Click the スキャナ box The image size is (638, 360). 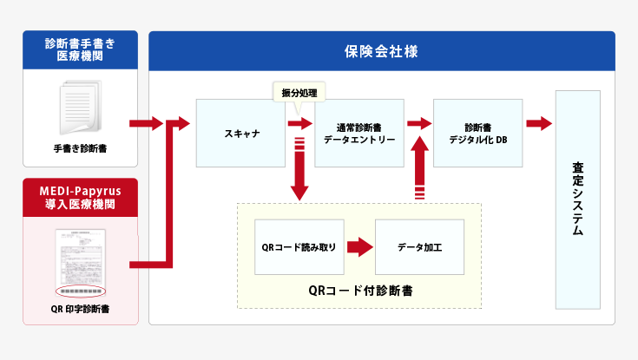240,133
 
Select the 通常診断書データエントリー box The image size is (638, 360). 358,133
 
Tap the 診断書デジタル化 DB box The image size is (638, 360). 478,133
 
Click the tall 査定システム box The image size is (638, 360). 577,199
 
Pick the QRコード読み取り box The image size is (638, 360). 299,247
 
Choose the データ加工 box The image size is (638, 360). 419,247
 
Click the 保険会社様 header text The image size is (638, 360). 381,51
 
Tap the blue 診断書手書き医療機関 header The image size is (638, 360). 80,49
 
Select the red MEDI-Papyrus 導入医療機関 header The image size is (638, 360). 80,197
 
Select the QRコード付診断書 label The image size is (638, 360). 359,290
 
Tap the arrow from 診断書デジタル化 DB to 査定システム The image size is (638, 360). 539,123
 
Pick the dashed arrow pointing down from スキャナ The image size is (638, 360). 299,169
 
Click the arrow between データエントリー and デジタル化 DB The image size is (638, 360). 419,123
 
